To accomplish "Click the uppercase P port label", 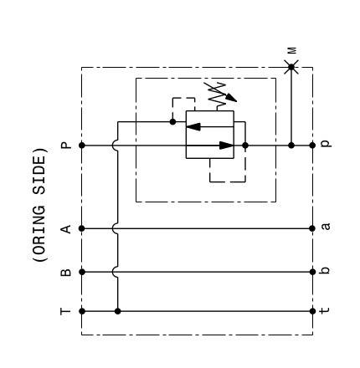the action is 66,146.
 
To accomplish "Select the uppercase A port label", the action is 66,229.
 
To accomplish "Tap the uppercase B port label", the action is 66,272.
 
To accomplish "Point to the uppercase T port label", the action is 66,311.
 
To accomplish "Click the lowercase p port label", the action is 326,143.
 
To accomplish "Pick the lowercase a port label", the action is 326,226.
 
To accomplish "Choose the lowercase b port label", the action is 325,270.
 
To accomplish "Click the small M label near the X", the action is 292,50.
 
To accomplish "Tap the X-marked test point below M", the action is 291,67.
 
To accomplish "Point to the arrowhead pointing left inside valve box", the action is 193,126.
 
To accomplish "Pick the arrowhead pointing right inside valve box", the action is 226,146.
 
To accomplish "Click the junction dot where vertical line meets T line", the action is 118,311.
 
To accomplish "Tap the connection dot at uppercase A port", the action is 82,228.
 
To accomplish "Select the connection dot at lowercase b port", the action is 312,272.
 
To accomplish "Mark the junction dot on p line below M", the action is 291,146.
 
